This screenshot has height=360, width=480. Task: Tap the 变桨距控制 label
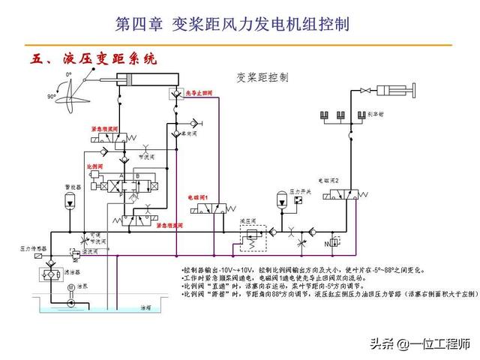[x=262, y=76]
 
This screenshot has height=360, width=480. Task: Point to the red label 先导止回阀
[x=199, y=92]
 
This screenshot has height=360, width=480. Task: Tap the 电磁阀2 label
[x=329, y=181]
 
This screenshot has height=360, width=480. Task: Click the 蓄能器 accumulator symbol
[x=69, y=199]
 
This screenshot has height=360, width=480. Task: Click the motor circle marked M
[x=70, y=289]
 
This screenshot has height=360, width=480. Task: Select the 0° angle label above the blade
[x=68, y=75]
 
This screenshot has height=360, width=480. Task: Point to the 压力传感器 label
[x=33, y=248]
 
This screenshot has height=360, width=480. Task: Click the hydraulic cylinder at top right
[x=391, y=91]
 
